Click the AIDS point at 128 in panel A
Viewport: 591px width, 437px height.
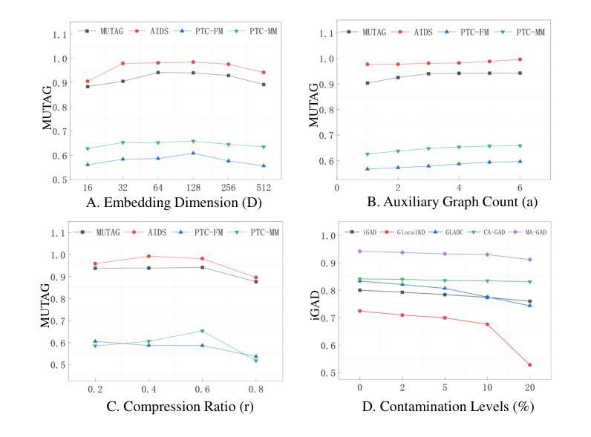coord(192,62)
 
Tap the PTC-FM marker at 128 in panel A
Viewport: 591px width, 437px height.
coord(192,154)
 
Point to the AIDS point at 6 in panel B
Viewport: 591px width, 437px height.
coord(520,59)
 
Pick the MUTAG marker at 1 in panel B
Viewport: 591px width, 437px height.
coord(368,83)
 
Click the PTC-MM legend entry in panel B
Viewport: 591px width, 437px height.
coord(524,32)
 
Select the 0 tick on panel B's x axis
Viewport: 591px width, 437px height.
coord(337,187)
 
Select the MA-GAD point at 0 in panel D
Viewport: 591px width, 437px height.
coord(360,252)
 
